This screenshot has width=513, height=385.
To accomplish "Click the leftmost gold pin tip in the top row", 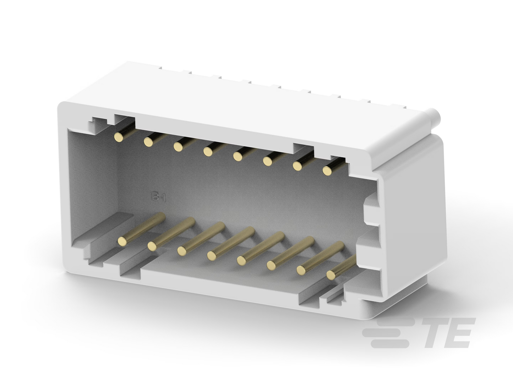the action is pos(119,137).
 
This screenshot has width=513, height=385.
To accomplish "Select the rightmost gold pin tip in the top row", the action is pos(327,171).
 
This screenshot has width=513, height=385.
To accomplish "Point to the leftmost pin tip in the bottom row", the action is pos(122,241).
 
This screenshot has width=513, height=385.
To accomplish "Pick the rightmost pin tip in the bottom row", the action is pos(331,275).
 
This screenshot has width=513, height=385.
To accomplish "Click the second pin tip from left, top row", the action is pos(148,142).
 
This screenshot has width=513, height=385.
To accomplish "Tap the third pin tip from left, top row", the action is pos(178,147).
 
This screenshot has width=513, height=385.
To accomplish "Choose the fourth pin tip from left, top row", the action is pos(208,151).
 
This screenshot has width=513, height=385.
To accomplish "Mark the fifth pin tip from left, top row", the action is pos(238,156).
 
